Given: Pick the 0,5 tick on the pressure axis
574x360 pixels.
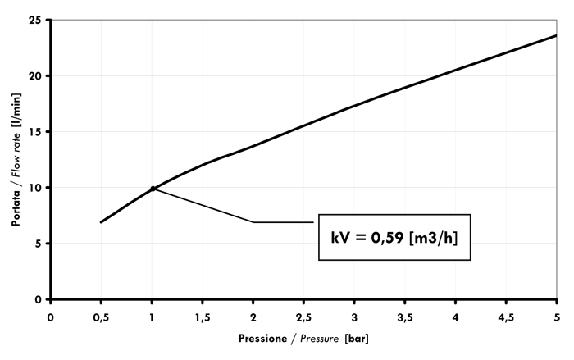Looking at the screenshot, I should click(101, 316).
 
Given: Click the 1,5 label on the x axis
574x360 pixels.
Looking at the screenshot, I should click(203, 316).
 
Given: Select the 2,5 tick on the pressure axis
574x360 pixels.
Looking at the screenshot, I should click(303, 316).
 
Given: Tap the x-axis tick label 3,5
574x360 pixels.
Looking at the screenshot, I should click(405, 316).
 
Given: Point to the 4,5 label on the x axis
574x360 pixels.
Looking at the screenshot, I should click(506, 316).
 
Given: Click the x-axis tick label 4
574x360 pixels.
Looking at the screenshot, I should click(455, 316).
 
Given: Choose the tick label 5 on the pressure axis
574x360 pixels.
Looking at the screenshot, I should click(557, 316).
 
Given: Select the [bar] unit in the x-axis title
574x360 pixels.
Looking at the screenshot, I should click(358, 338).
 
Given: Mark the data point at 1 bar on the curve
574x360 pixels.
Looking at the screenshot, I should click(153, 189).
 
